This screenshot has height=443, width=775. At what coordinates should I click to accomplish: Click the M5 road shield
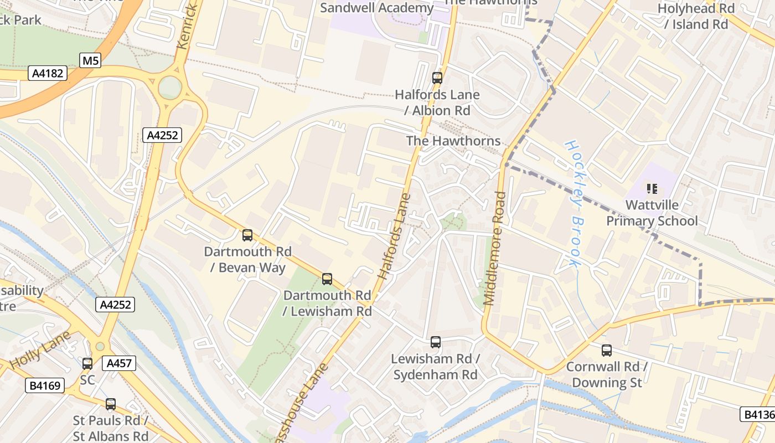pos(90,60)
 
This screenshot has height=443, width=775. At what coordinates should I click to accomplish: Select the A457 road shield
pos(118,363)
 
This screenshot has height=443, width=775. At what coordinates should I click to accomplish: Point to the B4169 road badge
pos(45,385)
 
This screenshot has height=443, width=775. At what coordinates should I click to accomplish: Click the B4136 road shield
pos(757,414)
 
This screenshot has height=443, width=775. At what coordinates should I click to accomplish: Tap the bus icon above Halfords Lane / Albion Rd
pos(437,78)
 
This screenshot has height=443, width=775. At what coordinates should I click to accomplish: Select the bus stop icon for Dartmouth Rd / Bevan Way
pos(247,235)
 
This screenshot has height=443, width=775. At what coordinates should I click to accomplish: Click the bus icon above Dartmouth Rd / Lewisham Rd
pos(327,279)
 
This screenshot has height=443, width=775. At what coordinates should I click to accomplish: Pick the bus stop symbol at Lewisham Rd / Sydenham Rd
pos(436,342)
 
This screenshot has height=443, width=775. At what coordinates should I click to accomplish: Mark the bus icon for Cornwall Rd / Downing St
pos(607,350)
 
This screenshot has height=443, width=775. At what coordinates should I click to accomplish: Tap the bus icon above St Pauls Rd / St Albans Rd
pos(111,404)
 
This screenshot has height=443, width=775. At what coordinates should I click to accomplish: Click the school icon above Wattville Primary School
pos(652,189)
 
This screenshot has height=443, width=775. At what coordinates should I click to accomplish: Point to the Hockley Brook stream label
pos(572,203)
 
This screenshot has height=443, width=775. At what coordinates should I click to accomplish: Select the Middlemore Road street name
pos(494,248)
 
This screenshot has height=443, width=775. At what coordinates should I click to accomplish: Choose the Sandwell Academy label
pos(376,8)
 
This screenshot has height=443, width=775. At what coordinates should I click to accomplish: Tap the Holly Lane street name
pos(40,351)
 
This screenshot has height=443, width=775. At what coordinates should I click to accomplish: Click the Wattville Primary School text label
pos(652,213)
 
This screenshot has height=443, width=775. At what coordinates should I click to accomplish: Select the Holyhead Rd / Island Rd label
pos(696,16)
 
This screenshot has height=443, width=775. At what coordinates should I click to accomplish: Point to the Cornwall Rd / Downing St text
pos(607,374)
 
